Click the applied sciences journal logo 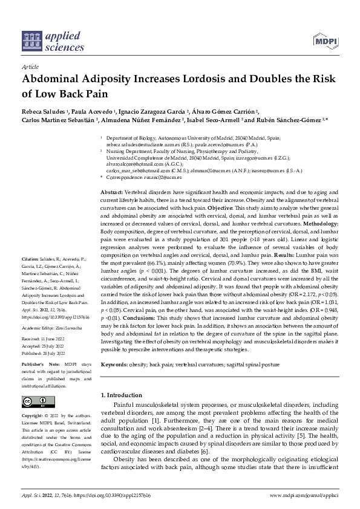(53, 39)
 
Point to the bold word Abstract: (111, 191)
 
